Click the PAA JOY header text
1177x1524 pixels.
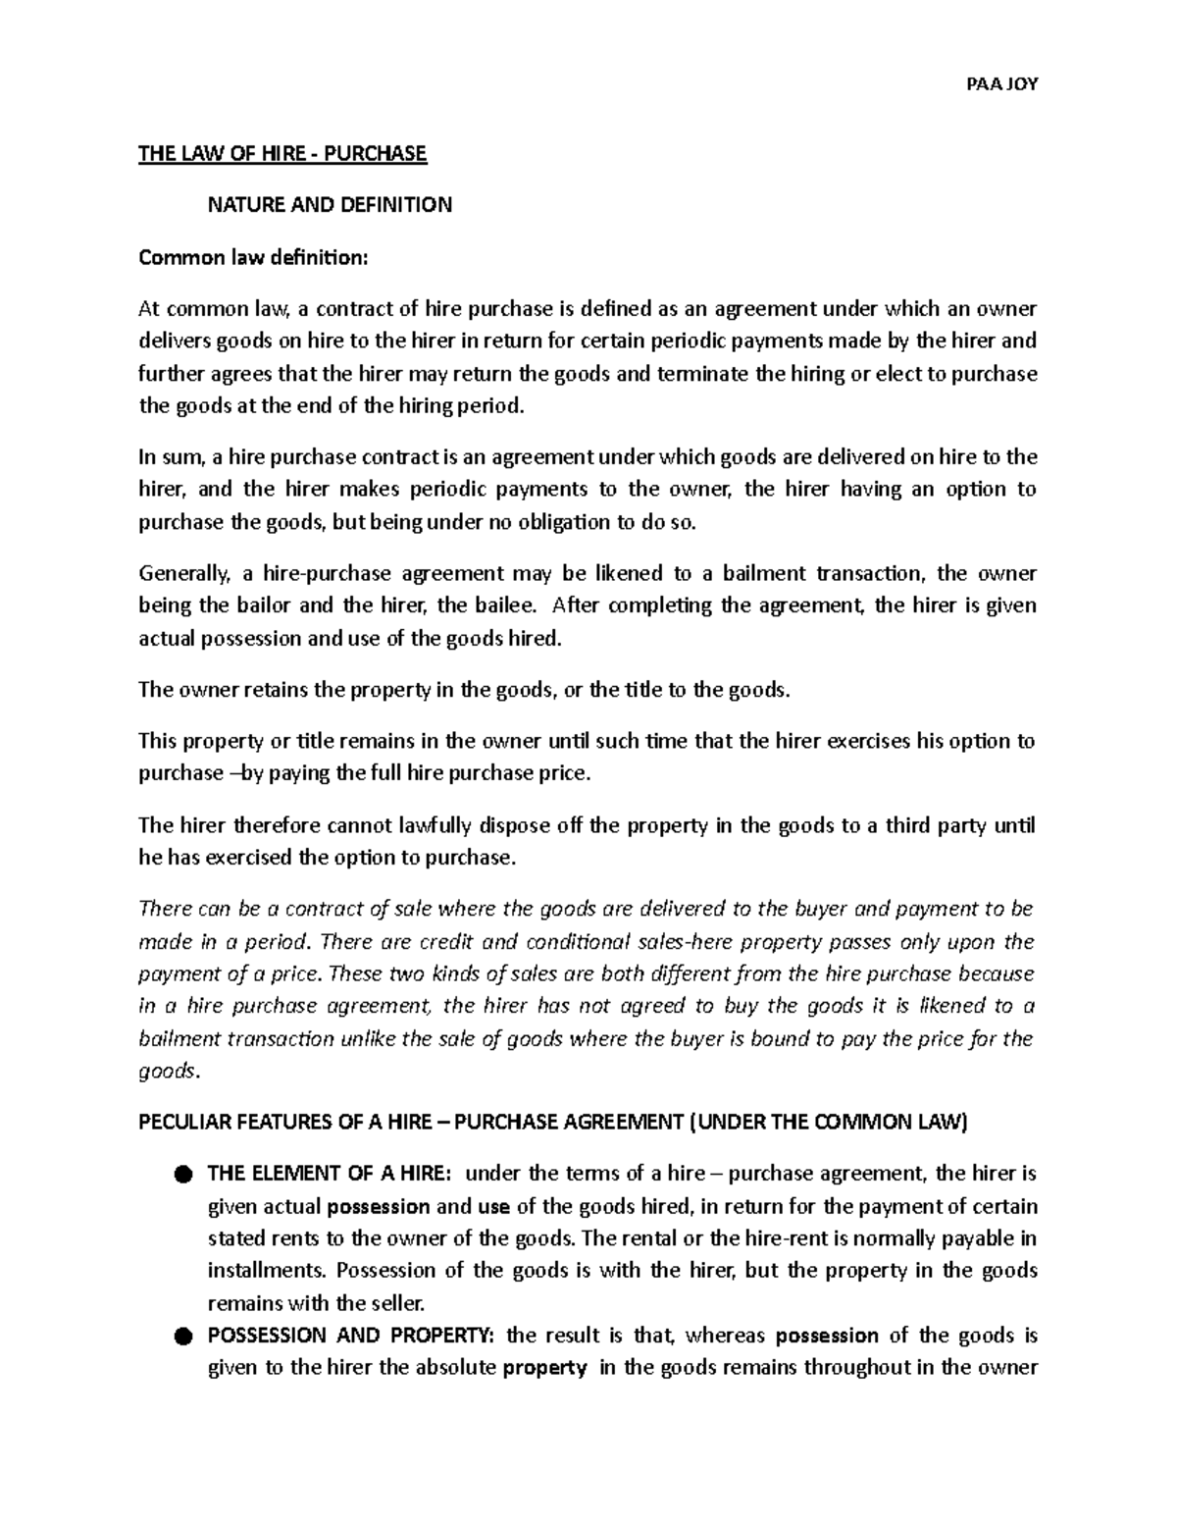pos(1001,83)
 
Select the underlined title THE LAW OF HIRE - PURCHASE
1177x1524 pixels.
pos(282,153)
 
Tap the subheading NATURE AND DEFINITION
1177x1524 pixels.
pos(329,205)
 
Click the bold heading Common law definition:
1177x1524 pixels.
pos(254,257)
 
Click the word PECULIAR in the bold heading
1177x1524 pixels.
pos(183,1124)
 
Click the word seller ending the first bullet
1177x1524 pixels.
pos(399,1304)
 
